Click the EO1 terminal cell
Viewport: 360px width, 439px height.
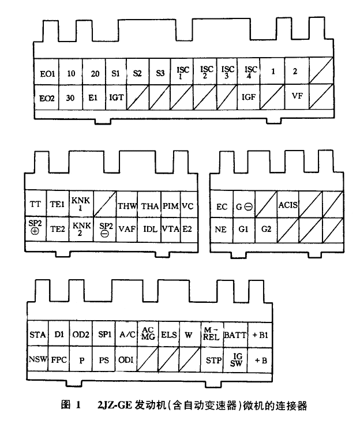(47, 72)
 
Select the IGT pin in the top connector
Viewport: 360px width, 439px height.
(116, 97)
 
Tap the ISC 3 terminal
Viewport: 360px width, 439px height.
(227, 72)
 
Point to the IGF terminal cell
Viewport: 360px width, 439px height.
(249, 97)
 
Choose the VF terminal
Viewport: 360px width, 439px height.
(297, 97)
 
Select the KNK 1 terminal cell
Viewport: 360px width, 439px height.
(81, 204)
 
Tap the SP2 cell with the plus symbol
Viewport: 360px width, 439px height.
(36, 229)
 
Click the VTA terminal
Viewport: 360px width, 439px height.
(171, 229)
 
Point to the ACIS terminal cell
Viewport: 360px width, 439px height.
(288, 204)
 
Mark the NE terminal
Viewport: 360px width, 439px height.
(222, 230)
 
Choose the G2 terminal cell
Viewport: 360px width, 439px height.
(266, 230)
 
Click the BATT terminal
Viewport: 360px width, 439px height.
(235, 335)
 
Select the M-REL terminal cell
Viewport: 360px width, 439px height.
(212, 335)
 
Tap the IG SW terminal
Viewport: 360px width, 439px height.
(235, 360)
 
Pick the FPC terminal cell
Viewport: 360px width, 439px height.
(59, 360)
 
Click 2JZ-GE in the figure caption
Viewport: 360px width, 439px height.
(114, 405)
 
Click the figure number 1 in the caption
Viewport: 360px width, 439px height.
(77, 405)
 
